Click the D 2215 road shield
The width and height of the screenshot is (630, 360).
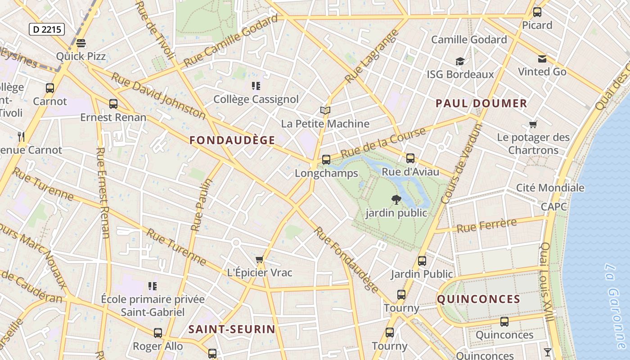47,30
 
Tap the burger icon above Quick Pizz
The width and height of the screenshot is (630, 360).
81,43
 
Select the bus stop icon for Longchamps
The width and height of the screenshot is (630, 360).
326,159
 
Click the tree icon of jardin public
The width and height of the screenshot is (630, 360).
396,199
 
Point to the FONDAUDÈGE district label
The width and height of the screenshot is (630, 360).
232,140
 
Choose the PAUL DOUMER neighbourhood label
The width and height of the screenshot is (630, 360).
481,103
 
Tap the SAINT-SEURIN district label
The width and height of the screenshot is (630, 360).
232,329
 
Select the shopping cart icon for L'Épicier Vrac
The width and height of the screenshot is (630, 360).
259,260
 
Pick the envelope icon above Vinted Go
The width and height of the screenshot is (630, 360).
542,58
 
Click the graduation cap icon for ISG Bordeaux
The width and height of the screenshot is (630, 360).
459,61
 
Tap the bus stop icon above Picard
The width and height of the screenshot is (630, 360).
537,12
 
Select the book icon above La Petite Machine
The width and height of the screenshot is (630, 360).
325,110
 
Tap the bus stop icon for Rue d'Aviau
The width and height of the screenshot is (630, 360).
410,158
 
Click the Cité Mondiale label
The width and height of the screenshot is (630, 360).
550,188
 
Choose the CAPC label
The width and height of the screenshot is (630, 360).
554,207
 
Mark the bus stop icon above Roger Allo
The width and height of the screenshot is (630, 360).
157,333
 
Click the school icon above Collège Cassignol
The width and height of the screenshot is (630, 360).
256,85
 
